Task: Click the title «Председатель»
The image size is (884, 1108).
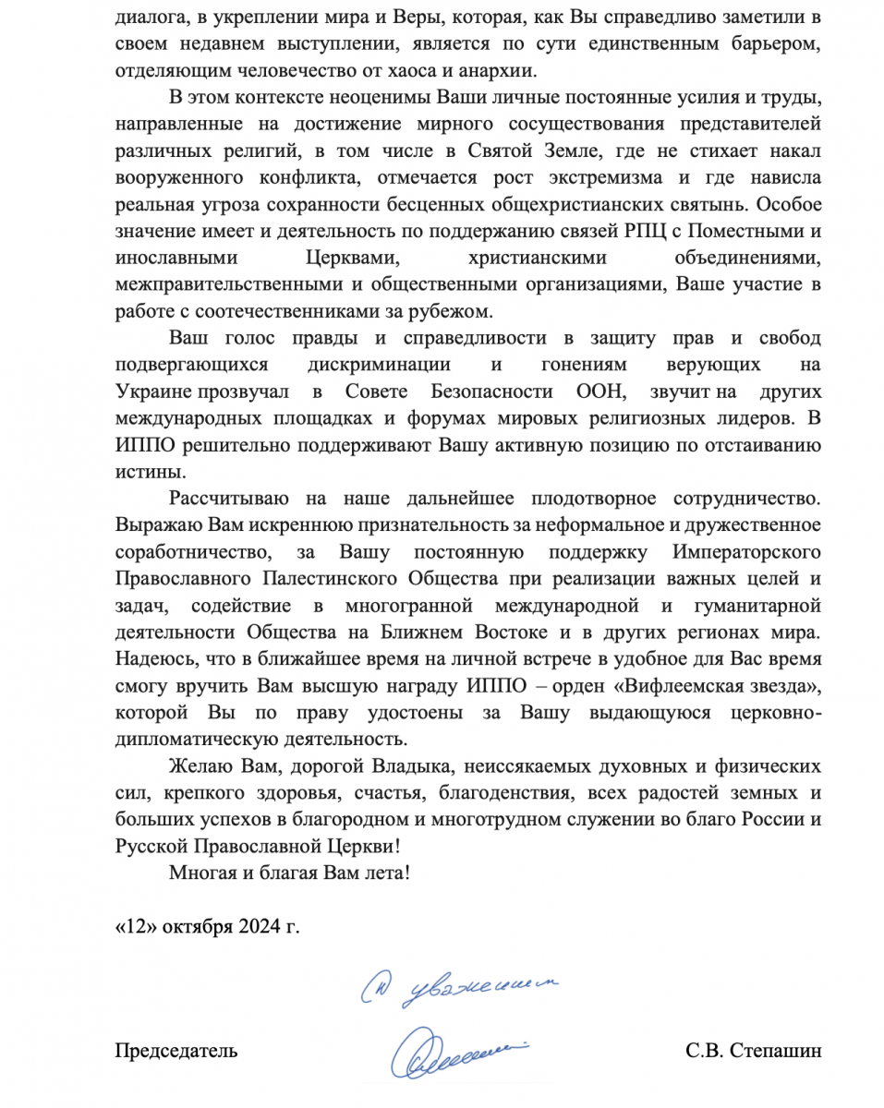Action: click(176, 1050)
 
